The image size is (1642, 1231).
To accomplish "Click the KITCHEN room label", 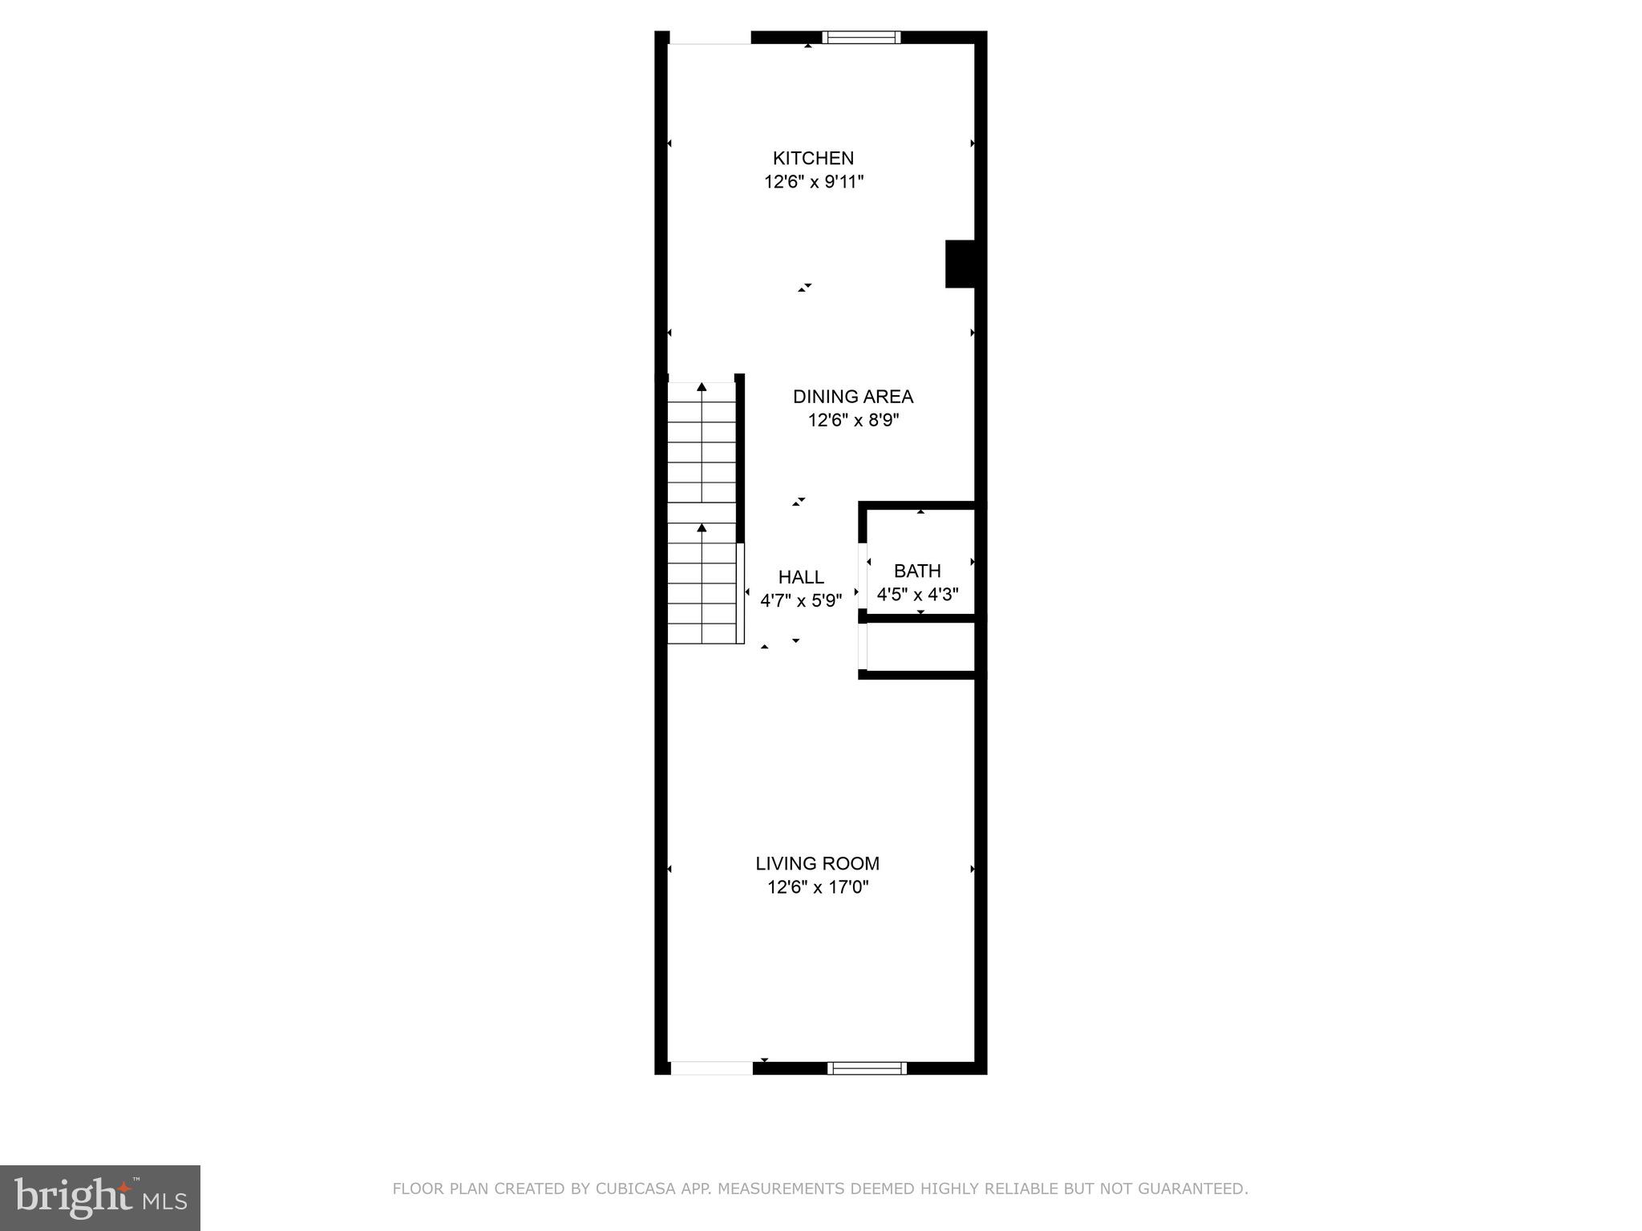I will pyautogui.click(x=813, y=158).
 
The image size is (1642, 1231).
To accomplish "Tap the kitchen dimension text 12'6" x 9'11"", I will pyautogui.click(x=813, y=182).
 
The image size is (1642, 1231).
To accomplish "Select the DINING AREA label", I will pyautogui.click(x=853, y=396).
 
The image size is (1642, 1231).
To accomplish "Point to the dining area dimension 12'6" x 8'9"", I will pyautogui.click(x=853, y=420).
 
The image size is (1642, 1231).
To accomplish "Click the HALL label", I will pyautogui.click(x=801, y=577).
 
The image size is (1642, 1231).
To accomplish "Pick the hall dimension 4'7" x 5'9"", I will pyautogui.click(x=801, y=600).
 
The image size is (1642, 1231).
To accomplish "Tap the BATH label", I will pyautogui.click(x=917, y=571).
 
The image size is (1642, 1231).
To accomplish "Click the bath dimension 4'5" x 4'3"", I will pyautogui.click(x=917, y=595).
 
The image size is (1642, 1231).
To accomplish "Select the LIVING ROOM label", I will pyautogui.click(x=817, y=863).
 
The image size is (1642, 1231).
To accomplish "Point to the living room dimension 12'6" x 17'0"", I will pyautogui.click(x=817, y=887).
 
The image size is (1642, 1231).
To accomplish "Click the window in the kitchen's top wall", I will pyautogui.click(x=862, y=37).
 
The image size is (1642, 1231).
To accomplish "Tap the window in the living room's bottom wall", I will pyautogui.click(x=867, y=1068).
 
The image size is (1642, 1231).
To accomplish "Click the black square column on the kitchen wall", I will pyautogui.click(x=960, y=264).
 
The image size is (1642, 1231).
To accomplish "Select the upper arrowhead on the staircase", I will pyautogui.click(x=702, y=387).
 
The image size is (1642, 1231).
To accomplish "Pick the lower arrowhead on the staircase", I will pyautogui.click(x=702, y=527).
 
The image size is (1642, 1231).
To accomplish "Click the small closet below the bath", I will pyautogui.click(x=920, y=646).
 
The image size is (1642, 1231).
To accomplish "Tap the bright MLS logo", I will pyautogui.click(x=100, y=1197).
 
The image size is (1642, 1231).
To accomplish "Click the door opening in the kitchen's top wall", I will pyautogui.click(x=710, y=38).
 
